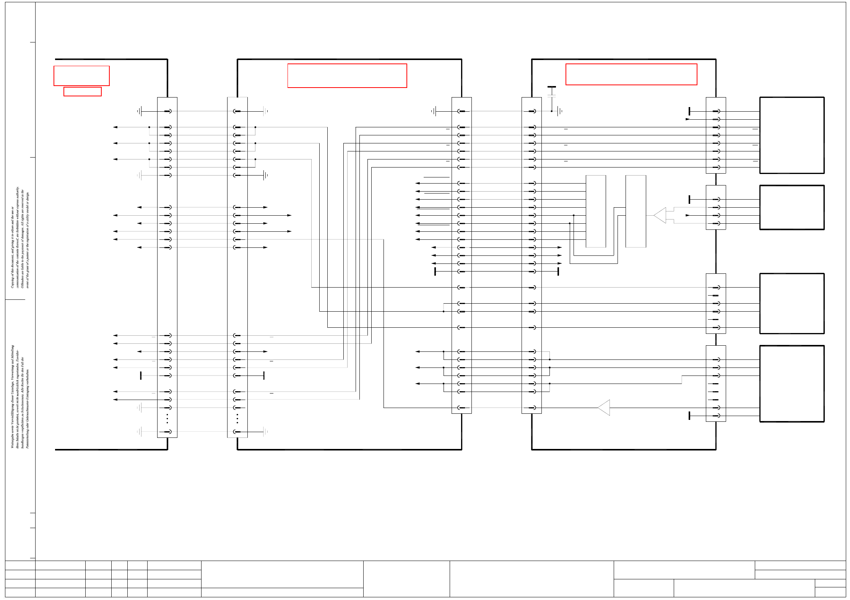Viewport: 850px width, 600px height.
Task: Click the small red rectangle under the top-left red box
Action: (x=82, y=92)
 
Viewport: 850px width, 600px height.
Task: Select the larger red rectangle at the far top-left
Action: (x=81, y=76)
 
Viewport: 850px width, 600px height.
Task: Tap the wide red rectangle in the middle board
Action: (x=347, y=76)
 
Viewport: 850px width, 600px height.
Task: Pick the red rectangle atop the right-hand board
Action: (x=631, y=74)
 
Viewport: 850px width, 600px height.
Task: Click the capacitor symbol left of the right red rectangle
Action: (x=551, y=92)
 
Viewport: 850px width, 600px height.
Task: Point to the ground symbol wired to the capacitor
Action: (x=560, y=111)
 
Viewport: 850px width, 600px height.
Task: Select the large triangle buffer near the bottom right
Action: (x=605, y=408)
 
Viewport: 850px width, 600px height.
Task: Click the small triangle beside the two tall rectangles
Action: (x=661, y=215)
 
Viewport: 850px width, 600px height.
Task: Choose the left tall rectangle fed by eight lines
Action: (x=596, y=211)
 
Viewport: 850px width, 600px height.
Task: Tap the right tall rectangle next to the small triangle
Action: (x=635, y=211)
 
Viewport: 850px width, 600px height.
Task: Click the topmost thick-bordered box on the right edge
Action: (x=791, y=135)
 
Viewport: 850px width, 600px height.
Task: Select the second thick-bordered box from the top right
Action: (x=791, y=207)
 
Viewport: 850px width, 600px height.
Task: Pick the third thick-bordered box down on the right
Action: (x=791, y=304)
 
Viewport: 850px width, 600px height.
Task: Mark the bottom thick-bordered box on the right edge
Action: (x=791, y=384)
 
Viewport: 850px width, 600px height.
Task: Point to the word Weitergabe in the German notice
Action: (x=12, y=441)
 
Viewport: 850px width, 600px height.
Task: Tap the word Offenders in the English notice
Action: (x=23, y=281)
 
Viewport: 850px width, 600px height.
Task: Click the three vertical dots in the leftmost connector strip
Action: (x=167, y=419)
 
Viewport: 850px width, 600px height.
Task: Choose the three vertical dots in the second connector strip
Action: (x=237, y=419)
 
